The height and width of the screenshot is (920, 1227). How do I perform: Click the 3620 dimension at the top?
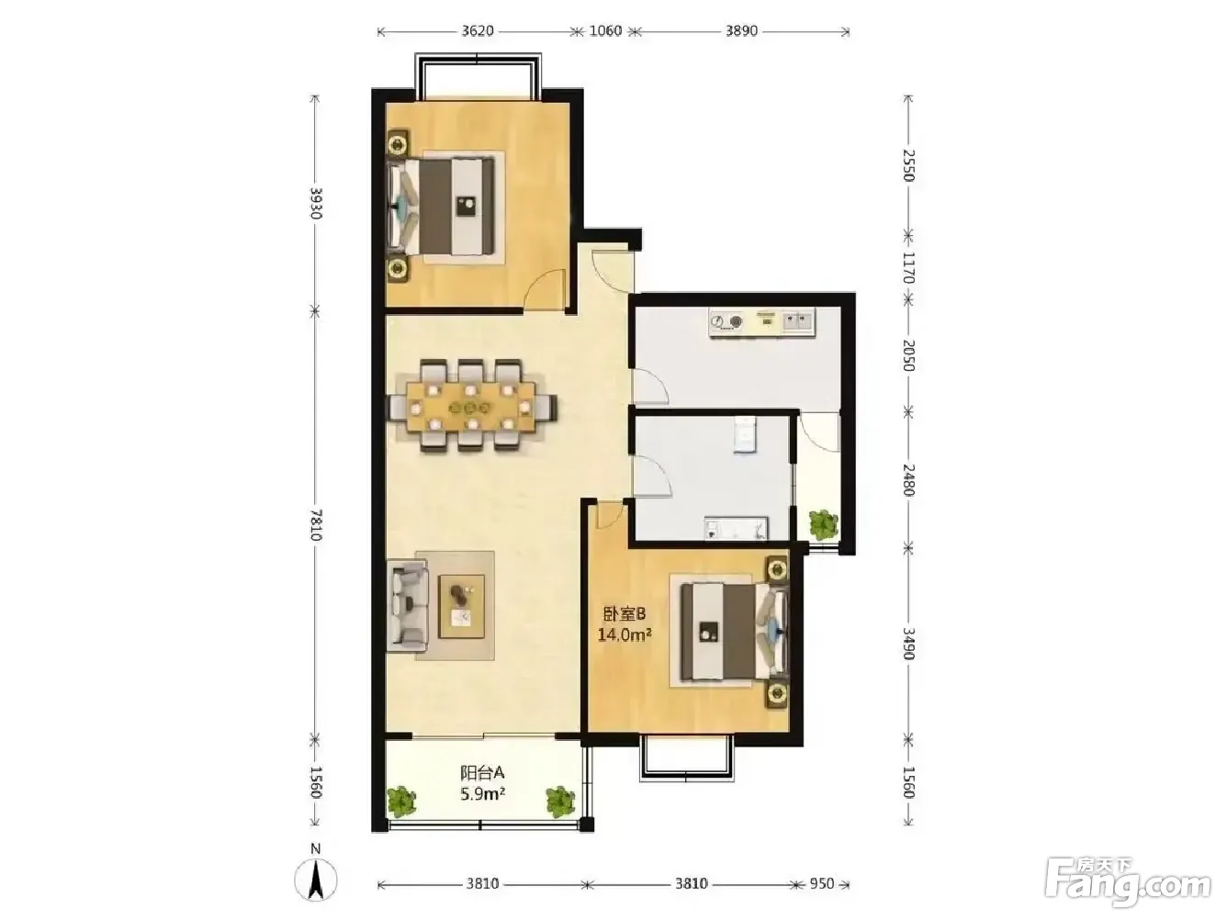[478, 30]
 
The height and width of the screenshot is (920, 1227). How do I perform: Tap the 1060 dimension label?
[605, 30]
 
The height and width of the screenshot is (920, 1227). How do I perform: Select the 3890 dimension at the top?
[742, 30]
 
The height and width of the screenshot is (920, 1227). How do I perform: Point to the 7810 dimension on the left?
[315, 524]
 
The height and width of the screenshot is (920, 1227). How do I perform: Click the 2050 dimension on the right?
[907, 356]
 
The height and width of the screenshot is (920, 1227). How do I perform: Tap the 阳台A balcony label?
[482, 773]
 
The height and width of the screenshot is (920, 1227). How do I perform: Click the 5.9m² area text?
[482, 794]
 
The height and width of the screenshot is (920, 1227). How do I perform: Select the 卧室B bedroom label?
[624, 614]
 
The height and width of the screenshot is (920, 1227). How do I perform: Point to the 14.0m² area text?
[625, 634]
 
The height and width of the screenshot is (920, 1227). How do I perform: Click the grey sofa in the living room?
[408, 606]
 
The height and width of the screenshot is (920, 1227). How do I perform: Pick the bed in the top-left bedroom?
[442, 206]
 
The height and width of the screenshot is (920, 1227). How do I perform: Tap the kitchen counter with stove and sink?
[762, 322]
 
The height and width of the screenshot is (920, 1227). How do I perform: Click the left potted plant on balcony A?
[402, 801]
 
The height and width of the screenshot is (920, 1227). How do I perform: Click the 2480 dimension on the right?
[907, 479]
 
